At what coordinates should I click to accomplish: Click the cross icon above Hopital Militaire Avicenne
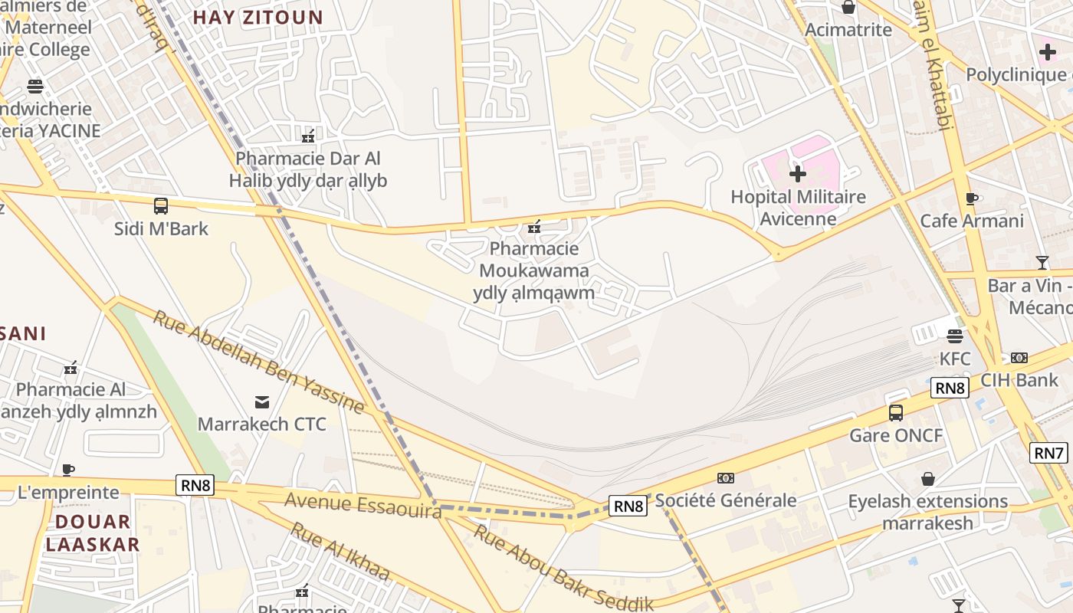(798, 174)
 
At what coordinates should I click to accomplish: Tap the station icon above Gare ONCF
(896, 413)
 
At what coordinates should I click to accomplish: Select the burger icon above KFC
(955, 336)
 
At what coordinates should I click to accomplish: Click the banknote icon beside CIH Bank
(1019, 358)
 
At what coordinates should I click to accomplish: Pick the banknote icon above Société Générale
(725, 478)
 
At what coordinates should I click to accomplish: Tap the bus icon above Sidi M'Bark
(161, 205)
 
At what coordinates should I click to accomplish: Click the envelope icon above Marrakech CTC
(262, 402)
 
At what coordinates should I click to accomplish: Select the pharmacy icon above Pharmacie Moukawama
(534, 226)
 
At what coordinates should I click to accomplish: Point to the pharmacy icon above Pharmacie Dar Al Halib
(308, 136)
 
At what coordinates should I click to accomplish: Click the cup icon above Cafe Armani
(972, 198)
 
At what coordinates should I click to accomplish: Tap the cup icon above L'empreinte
(68, 470)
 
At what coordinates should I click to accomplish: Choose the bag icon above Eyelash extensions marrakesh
(928, 479)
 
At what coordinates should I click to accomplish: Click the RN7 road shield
(1048, 453)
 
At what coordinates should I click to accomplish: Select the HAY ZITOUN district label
(258, 17)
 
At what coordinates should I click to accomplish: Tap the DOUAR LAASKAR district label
(93, 533)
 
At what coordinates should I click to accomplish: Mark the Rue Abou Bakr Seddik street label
(563, 568)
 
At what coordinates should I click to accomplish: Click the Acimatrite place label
(848, 30)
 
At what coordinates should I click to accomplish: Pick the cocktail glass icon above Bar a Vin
(1042, 263)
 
